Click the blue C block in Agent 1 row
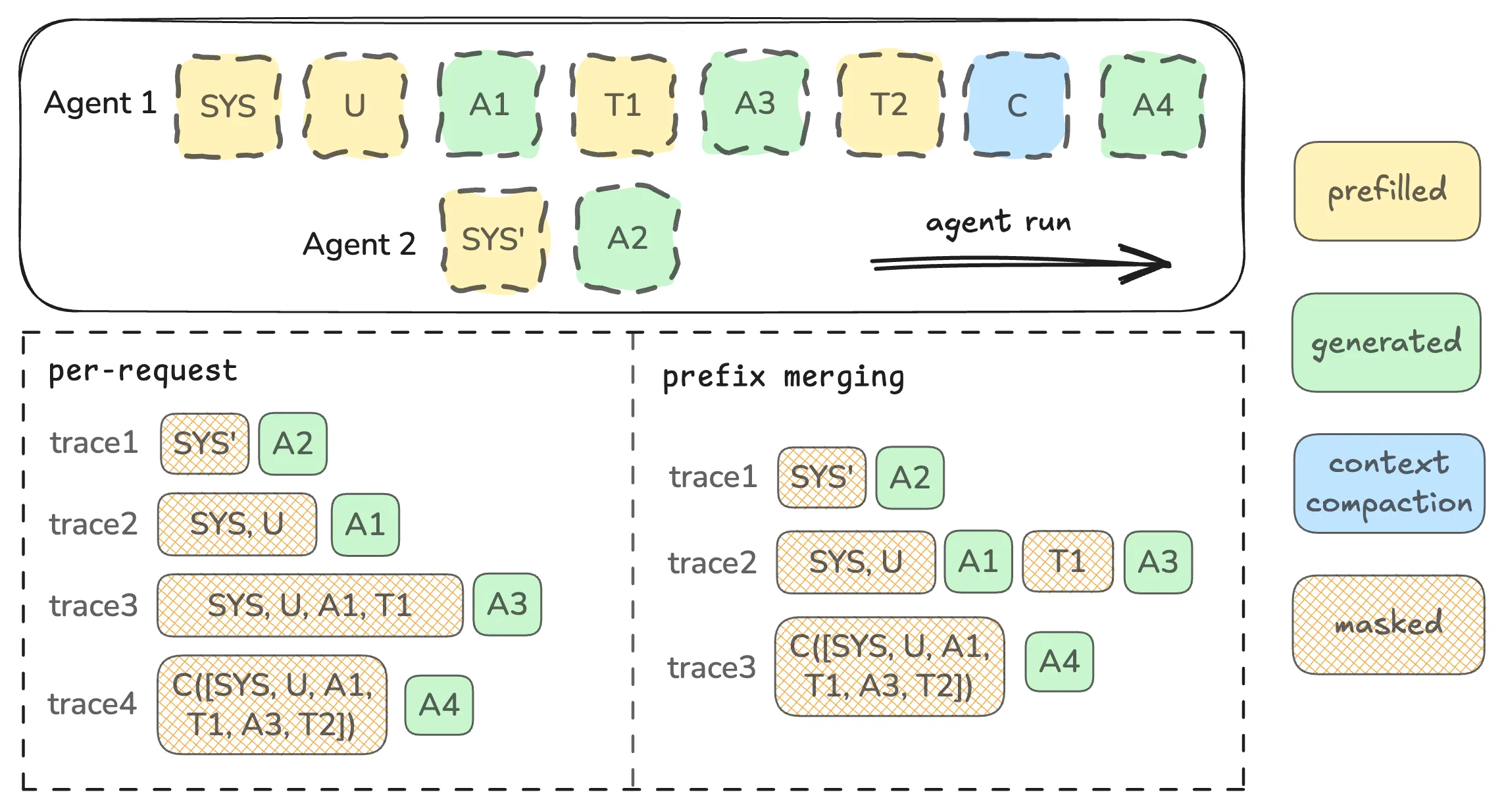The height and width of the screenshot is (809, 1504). point(1016,105)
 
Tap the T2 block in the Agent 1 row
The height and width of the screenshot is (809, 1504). point(890,104)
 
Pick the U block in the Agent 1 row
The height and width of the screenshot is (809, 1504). point(355,105)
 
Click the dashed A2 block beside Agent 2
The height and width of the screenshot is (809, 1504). point(628,238)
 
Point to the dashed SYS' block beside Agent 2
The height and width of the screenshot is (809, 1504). point(493,240)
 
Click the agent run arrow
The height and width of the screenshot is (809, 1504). point(1020,264)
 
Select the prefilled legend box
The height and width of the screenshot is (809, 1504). point(1387,191)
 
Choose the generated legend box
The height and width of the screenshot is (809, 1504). point(1386,342)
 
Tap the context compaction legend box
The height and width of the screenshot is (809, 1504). point(1389,483)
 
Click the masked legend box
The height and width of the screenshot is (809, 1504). point(1388,625)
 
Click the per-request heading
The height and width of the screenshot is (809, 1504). point(143,371)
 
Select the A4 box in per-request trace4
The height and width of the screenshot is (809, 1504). point(439,705)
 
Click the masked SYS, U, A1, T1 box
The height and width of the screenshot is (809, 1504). point(310,605)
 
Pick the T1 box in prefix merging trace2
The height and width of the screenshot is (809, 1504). point(1067,561)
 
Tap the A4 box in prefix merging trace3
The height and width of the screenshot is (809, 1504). point(1059,662)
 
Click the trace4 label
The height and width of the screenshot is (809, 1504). point(92,704)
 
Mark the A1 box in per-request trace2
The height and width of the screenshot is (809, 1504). point(365,525)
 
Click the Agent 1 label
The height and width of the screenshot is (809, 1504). point(100,103)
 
